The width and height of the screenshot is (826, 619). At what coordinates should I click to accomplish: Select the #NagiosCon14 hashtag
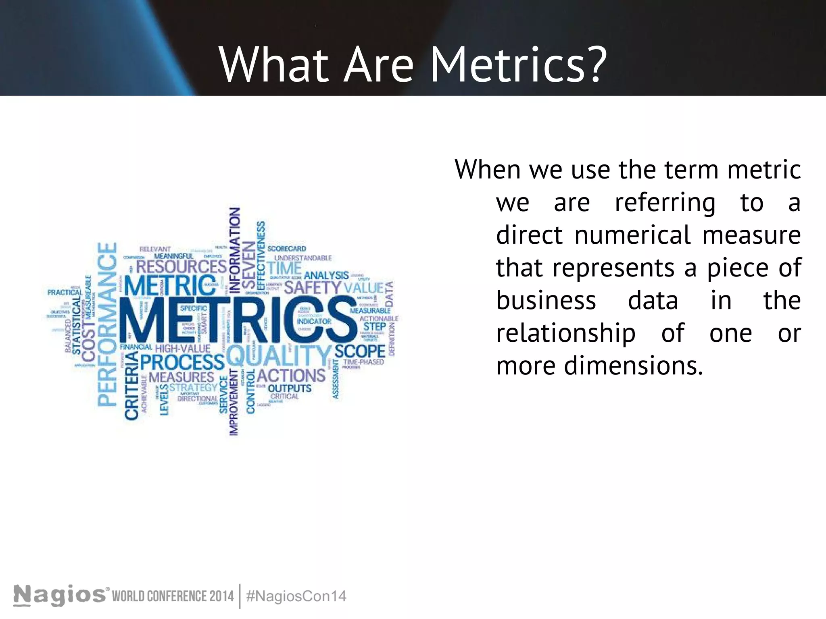point(296,596)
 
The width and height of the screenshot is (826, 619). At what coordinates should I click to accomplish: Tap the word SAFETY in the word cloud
point(313,288)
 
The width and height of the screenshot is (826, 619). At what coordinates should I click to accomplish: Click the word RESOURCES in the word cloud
point(181,267)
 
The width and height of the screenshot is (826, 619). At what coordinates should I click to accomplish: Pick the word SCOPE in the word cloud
point(360,351)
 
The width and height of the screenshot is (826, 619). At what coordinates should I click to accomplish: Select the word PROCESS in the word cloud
point(182,362)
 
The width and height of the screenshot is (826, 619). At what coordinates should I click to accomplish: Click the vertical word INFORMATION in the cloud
point(235,250)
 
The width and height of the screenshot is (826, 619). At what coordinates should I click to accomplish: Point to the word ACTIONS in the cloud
point(291,376)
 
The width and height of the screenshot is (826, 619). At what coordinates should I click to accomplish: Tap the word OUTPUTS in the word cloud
point(290,388)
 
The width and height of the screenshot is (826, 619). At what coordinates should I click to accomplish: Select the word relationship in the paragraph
point(565,333)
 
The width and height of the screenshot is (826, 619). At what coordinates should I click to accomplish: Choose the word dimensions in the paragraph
point(633,366)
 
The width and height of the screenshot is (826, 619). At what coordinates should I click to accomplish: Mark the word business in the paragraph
point(546,301)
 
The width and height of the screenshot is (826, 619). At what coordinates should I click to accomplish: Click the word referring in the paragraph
point(665,202)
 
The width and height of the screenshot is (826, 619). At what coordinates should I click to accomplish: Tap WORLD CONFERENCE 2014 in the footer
point(173,596)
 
